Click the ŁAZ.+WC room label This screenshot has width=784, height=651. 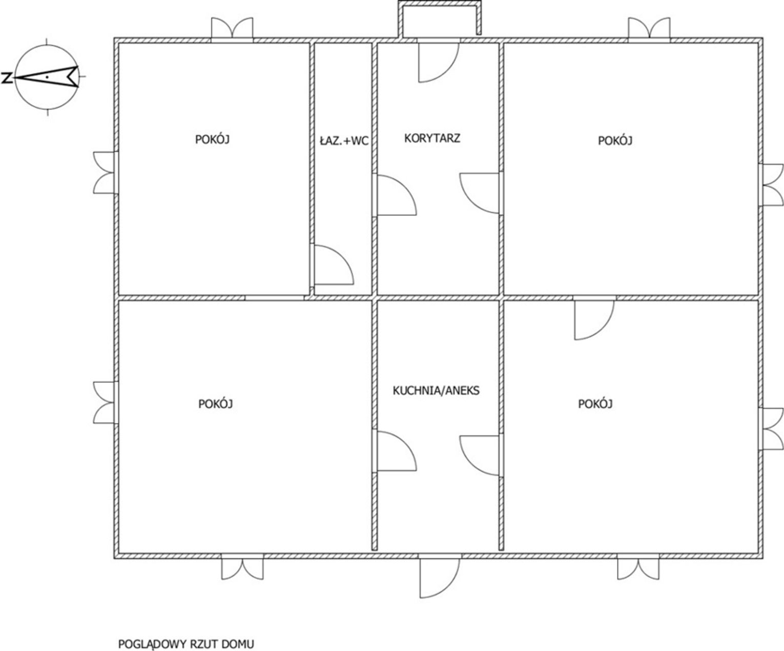tap(344, 141)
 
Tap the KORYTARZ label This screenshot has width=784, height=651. tap(432, 138)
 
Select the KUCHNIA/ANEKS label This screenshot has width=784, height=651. tap(436, 391)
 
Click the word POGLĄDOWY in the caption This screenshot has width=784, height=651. tap(153, 644)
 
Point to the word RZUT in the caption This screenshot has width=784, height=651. tap(204, 644)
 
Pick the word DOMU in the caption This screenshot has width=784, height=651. tap(238, 644)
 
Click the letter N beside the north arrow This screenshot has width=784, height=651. tap(6, 78)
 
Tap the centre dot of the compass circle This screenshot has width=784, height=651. tap(47, 76)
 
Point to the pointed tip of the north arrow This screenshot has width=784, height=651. tap(15, 78)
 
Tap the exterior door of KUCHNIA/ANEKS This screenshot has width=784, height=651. tap(439, 576)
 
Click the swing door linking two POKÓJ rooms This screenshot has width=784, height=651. tap(594, 318)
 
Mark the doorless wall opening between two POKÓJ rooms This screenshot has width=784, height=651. tap(275, 298)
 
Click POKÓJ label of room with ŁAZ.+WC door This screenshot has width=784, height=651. tap(212, 139)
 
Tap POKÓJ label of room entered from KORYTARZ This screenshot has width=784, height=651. tap(615, 140)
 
